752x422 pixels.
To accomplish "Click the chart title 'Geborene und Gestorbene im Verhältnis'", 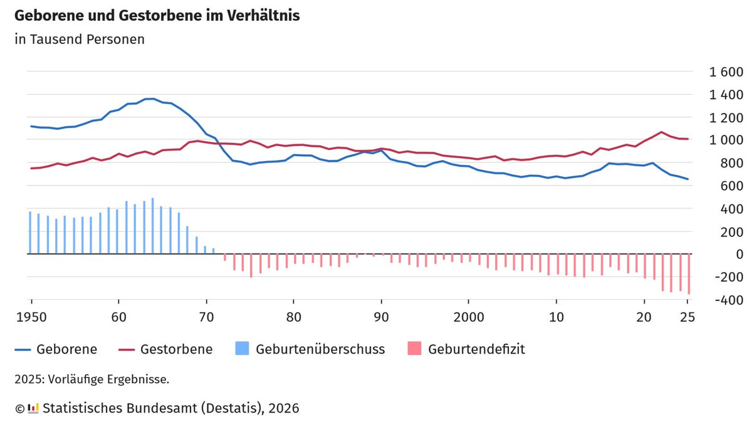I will tap(157, 16).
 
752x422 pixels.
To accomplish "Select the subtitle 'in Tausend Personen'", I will tap(80, 39).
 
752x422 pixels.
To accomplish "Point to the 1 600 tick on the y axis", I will tap(725, 72).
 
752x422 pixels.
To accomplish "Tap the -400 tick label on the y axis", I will tap(726, 300).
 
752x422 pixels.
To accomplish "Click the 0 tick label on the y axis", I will tap(739, 255).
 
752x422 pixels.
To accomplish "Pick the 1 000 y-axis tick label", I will tap(725, 140).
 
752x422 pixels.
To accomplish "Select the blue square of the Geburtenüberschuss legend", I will tap(242, 349).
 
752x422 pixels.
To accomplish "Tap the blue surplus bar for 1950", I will tap(30, 233).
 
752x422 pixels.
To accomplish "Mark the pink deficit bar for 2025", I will tap(689, 274).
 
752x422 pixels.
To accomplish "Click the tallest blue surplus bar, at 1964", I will tap(152, 226).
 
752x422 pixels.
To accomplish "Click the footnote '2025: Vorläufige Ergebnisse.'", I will tap(92, 379).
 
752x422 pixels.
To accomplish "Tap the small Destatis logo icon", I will tap(33, 408).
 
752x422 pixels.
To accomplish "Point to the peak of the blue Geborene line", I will tap(150, 98).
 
